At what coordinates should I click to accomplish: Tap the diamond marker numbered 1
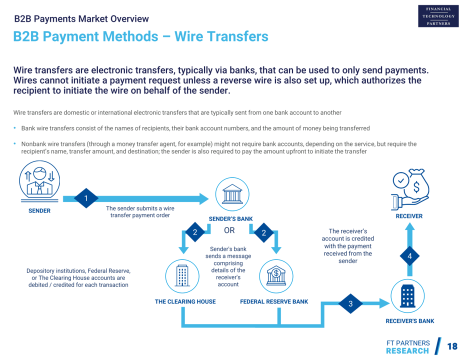tap(86, 198)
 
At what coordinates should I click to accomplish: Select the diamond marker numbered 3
tap(350, 303)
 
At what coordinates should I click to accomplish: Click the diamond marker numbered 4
tap(409, 255)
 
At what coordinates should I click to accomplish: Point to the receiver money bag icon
tap(411, 188)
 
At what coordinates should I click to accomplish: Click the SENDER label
tap(39, 211)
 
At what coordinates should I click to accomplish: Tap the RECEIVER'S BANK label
tap(410, 321)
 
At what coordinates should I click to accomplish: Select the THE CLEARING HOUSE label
tap(185, 301)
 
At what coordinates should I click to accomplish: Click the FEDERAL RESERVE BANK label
tap(274, 301)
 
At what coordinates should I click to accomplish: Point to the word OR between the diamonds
tap(229, 230)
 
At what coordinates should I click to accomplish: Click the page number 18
tap(452, 346)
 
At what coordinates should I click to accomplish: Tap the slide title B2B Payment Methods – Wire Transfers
tap(140, 36)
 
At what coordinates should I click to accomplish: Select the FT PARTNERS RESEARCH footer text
tap(407, 347)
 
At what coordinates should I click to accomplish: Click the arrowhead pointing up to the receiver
tap(409, 227)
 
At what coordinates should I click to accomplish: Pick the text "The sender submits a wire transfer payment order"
tap(140, 212)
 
